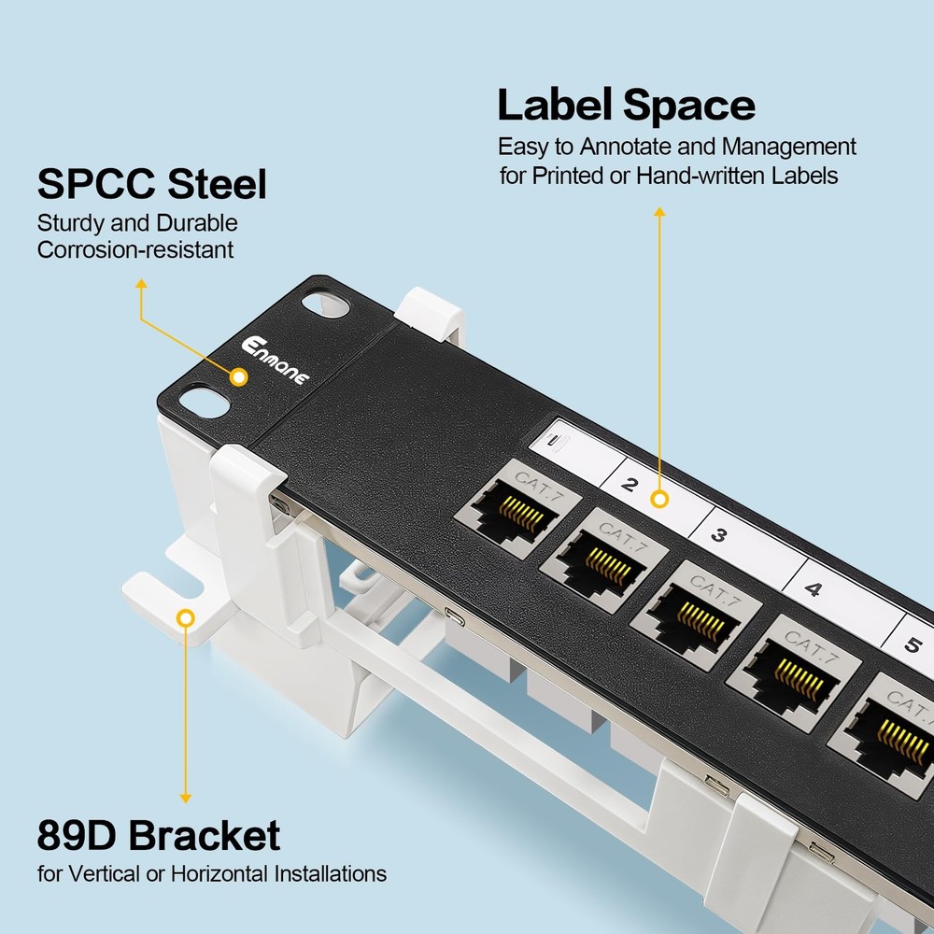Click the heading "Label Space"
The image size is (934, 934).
tap(626, 105)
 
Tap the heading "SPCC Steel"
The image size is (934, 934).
tap(151, 184)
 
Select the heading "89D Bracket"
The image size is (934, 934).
tap(158, 834)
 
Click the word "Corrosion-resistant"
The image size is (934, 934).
tap(135, 249)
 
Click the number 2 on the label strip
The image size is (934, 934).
tap(629, 484)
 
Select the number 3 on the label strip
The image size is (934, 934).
tap(719, 535)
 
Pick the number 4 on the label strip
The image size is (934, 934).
tap(813, 589)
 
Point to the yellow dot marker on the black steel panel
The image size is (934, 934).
tap(239, 377)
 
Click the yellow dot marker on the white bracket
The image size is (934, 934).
tap(186, 617)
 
